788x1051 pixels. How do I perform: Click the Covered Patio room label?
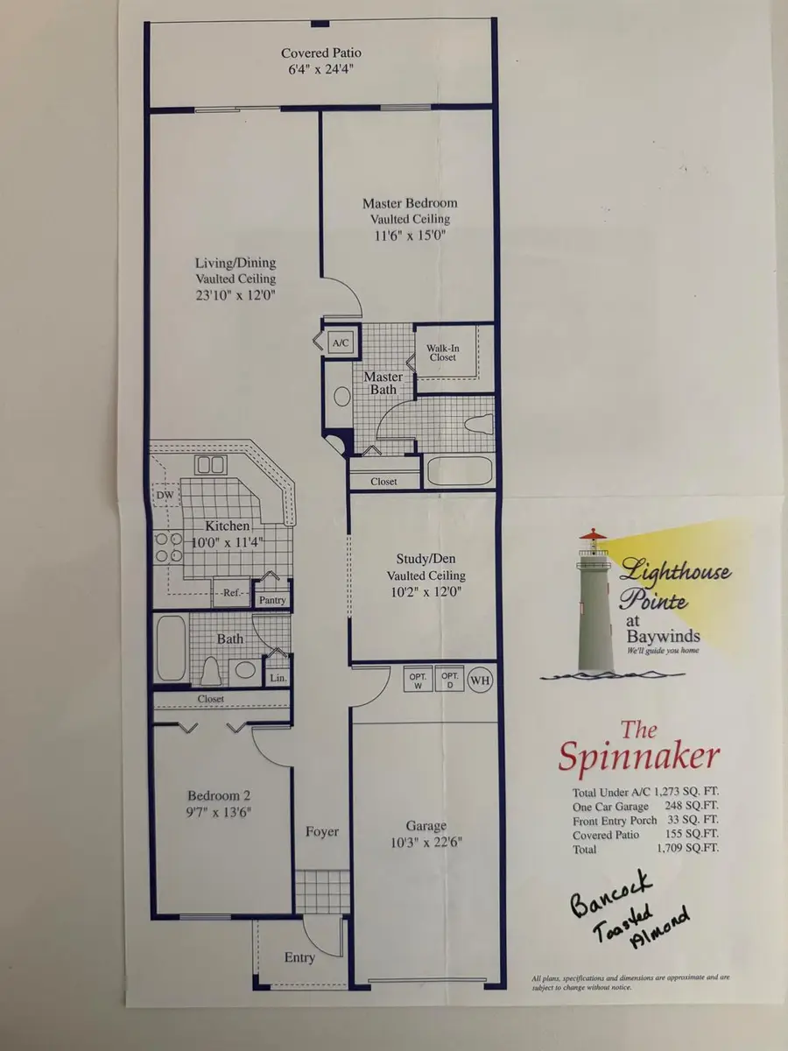click(321, 53)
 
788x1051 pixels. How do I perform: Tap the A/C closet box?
click(341, 342)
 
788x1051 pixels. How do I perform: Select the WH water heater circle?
click(480, 680)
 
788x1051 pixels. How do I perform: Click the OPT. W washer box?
click(418, 679)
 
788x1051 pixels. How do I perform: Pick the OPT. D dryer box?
click(450, 679)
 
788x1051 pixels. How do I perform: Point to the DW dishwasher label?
click(165, 495)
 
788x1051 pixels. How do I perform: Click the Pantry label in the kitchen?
click(272, 599)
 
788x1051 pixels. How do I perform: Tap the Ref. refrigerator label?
click(231, 593)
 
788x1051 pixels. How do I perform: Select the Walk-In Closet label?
click(442, 352)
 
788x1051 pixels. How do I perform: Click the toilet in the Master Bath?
click(479, 424)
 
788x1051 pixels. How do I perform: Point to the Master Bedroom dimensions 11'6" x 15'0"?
click(410, 235)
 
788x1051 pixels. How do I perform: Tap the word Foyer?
click(322, 832)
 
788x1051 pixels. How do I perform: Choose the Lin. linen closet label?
click(278, 678)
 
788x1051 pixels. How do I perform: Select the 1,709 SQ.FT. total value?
click(687, 848)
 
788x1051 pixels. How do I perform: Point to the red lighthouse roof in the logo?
click(593, 533)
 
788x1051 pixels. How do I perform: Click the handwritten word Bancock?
click(611, 893)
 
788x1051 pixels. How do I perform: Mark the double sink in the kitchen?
click(210, 464)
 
